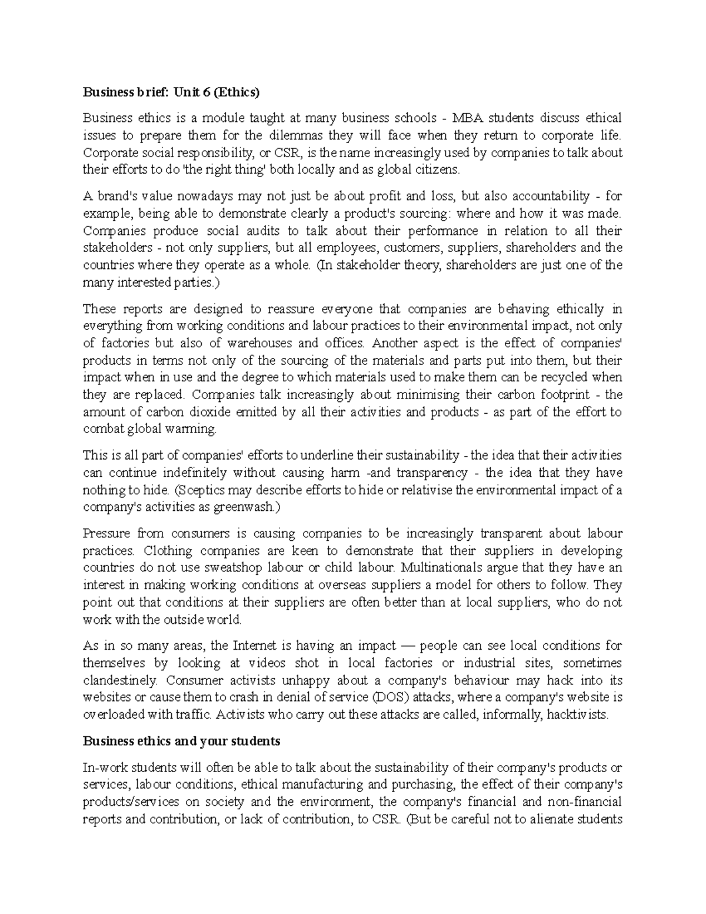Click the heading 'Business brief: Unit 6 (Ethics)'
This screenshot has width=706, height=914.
[171, 92]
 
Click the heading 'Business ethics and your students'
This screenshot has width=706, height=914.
[181, 742]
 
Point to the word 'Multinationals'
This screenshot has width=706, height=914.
[441, 568]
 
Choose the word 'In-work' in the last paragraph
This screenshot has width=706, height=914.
[103, 767]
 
